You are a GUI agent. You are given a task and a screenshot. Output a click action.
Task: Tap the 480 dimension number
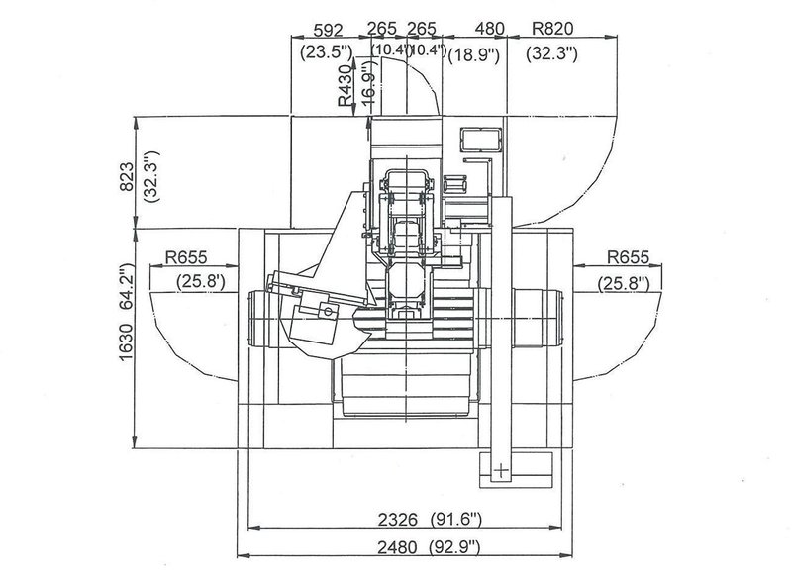pyautogui.click(x=476, y=29)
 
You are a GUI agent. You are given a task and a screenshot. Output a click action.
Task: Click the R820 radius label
pyautogui.click(x=554, y=29)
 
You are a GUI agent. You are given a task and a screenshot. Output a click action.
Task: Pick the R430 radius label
pyautogui.click(x=344, y=87)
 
